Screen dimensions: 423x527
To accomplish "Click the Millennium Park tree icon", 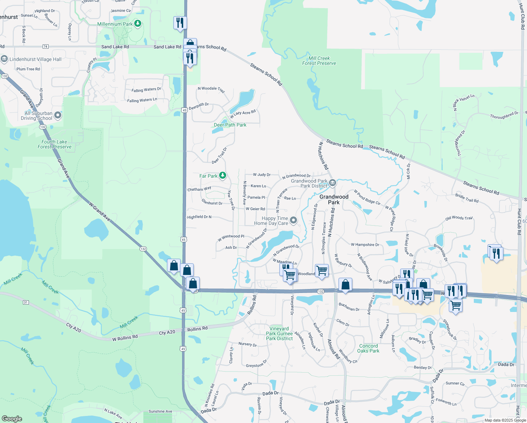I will [x=138, y=24].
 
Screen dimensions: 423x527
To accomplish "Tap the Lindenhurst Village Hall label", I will [x=36, y=59].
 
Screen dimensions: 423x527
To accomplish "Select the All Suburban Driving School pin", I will [x=58, y=115].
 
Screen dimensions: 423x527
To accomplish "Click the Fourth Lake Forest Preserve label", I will [x=54, y=144].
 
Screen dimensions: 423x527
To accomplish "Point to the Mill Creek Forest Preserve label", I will [x=319, y=61].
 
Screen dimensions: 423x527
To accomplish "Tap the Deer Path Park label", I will [x=230, y=125].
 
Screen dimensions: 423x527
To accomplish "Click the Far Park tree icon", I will [x=222, y=175].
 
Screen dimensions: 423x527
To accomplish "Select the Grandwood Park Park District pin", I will [x=333, y=183].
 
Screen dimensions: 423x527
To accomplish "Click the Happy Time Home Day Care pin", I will [x=293, y=221].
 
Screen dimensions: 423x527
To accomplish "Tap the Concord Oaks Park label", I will [x=368, y=348].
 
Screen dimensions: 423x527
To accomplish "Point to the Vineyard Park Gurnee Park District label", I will [x=279, y=333].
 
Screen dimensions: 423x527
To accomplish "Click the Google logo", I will [x=12, y=418].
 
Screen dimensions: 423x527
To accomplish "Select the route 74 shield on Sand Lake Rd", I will [x=45, y=47].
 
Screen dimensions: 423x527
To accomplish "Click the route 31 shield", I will [x=26, y=302].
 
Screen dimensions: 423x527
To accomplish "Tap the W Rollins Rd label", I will [x=125, y=338].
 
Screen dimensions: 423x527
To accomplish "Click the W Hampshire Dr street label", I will [x=365, y=244].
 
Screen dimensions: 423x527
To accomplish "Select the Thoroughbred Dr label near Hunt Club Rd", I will [x=504, y=115].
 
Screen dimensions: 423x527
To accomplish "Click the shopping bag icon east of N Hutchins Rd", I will [x=345, y=284].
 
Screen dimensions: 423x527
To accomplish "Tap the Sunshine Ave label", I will [x=160, y=411].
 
